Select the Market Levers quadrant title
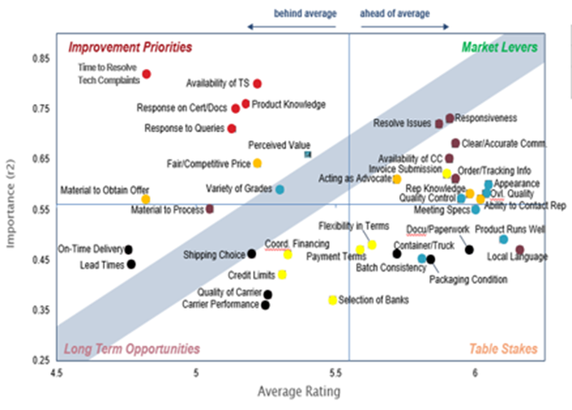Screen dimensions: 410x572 click(503, 47)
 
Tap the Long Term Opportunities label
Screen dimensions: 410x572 click(132, 349)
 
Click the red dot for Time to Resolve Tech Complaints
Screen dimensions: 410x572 click(147, 74)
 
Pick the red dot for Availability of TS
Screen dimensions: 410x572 click(257, 84)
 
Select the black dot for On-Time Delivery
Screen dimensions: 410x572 click(129, 250)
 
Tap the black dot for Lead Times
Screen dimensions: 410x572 click(131, 264)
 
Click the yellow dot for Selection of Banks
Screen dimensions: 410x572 click(332, 300)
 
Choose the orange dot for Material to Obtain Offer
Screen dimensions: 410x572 click(146, 199)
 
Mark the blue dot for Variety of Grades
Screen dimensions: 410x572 click(279, 190)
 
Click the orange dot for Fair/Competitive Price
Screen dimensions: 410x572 click(257, 163)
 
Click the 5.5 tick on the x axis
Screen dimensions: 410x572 click(335, 374)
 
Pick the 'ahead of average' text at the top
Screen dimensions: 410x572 click(395, 15)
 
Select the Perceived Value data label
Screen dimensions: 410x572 click(279, 144)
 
